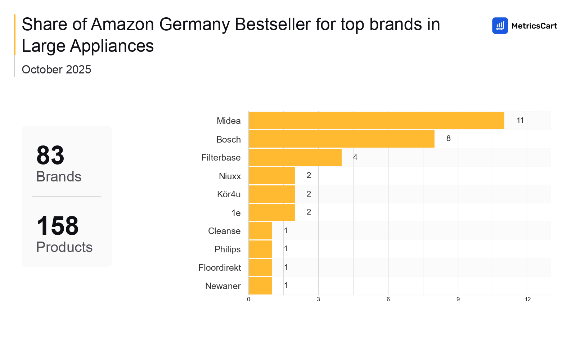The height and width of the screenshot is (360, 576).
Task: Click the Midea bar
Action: [x=376, y=121]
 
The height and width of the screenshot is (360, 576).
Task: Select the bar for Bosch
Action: [x=341, y=139]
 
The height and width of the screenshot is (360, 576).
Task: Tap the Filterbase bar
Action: [x=295, y=157]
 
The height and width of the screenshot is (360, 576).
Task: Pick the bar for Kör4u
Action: [x=271, y=194]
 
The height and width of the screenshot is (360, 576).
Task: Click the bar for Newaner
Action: [x=260, y=286]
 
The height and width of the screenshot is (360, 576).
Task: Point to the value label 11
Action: [x=520, y=121]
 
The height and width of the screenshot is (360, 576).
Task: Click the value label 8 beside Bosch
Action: [x=448, y=139]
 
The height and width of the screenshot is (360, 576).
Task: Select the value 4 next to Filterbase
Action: [x=355, y=157]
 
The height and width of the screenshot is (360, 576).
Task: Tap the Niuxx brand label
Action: [x=230, y=176]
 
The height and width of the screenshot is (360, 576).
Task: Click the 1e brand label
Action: [x=236, y=213]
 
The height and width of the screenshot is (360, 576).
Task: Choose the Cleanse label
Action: [x=224, y=231]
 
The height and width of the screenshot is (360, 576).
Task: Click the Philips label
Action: [x=227, y=249]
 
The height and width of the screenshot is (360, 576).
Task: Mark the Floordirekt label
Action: [x=220, y=267]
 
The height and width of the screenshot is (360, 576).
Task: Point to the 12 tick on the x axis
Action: [x=527, y=300]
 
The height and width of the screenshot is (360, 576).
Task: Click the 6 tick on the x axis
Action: [x=388, y=300]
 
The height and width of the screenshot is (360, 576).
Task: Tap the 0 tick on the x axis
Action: [x=248, y=300]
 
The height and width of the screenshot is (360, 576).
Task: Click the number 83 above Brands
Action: [x=50, y=156]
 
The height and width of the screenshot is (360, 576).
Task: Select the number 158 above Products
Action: [x=58, y=226]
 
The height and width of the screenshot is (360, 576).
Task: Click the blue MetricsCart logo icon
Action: [x=500, y=26]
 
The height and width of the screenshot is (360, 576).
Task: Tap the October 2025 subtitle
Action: [x=57, y=69]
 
